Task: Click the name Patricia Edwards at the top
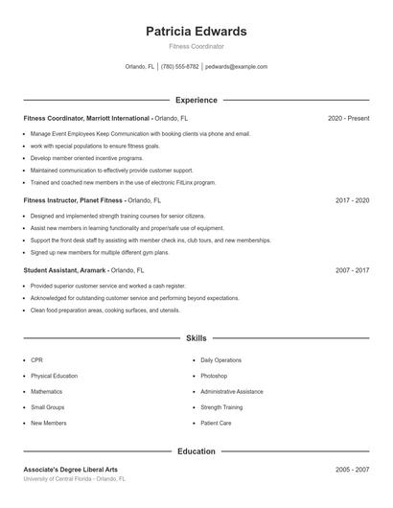pos(196,31)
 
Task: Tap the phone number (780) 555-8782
pos(180,67)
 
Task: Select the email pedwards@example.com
pos(236,67)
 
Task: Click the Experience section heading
pos(196,100)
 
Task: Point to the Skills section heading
pos(196,338)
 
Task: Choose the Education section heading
pos(196,450)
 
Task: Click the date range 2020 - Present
pos(348,118)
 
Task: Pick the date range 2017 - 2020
pos(352,201)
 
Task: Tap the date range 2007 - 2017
pos(352,270)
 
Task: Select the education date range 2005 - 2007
pos(352,470)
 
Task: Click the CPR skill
pos(36,360)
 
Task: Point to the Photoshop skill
pos(214,376)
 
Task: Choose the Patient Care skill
pos(217,423)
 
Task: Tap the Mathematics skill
pos(46,391)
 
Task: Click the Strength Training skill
pos(221,407)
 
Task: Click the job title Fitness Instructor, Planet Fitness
pos(73,201)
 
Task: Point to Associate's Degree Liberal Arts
pos(71,470)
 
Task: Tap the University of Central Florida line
pos(75,478)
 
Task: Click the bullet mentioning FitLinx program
pos(123,181)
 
